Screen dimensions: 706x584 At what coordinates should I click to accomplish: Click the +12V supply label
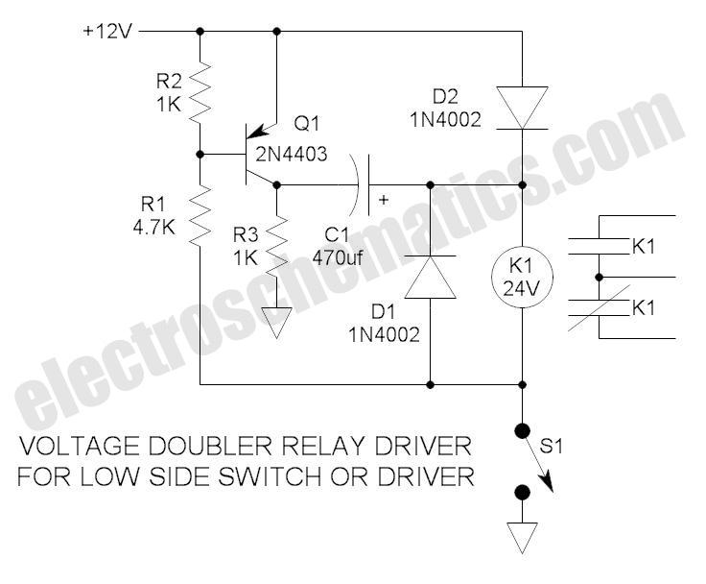pos(107,32)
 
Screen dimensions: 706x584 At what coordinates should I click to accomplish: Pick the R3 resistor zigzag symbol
pos(277,247)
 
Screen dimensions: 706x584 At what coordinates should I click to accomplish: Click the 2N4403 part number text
pos(292,155)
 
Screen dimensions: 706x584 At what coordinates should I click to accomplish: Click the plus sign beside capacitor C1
pos(384,200)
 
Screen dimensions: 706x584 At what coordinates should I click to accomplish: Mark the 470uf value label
pos(338,258)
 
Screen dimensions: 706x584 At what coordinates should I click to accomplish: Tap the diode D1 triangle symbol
pos(431,277)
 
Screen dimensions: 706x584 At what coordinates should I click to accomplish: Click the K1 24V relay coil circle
pos(522,278)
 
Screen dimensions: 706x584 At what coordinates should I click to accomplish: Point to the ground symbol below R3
pos(277,323)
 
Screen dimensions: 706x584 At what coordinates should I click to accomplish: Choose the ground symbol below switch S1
pos(522,538)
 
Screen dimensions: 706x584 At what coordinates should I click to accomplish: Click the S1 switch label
pos(552,447)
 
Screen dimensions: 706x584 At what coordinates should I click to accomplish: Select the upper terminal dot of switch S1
pos(522,431)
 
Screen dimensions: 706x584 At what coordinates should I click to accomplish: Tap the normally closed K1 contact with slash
pos(599,308)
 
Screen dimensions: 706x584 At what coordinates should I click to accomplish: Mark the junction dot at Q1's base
pos(200,155)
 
